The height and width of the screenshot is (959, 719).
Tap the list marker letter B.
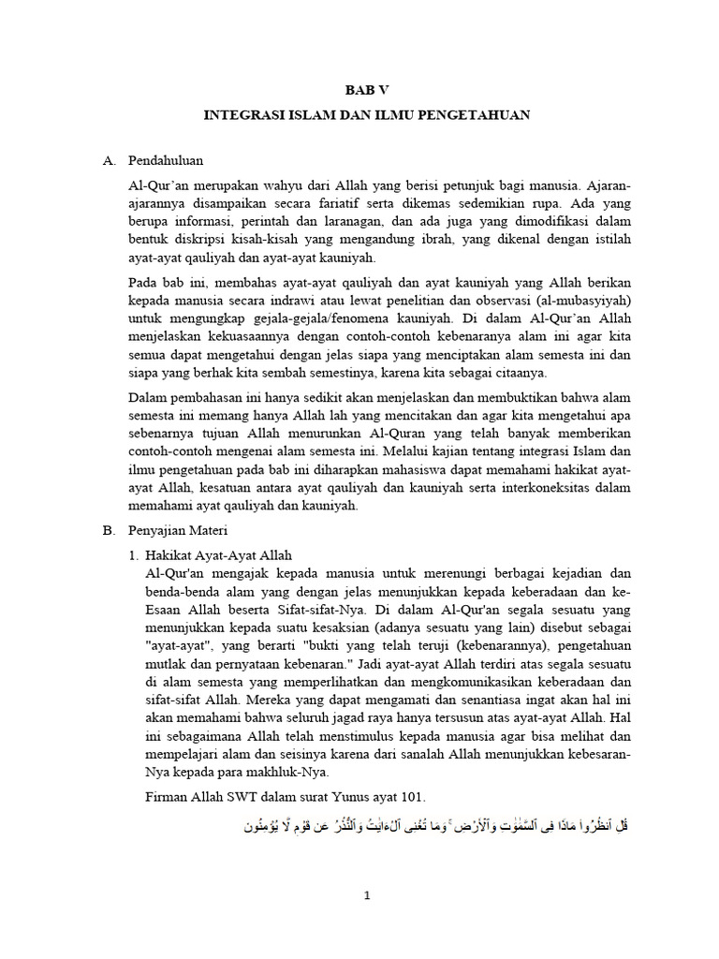(108, 530)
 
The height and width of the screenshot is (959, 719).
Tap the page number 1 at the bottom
(368, 895)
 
